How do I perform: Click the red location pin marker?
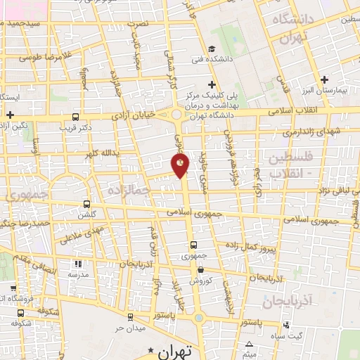click(181, 165)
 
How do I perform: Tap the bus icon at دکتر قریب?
click(76, 117)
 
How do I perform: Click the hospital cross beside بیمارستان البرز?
click(324, 79)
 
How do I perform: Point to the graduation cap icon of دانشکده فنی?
click(211, 49)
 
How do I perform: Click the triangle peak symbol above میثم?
click(250, 344)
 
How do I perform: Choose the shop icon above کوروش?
click(201, 269)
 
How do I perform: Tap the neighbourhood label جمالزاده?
click(127, 191)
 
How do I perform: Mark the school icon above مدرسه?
click(77, 264)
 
